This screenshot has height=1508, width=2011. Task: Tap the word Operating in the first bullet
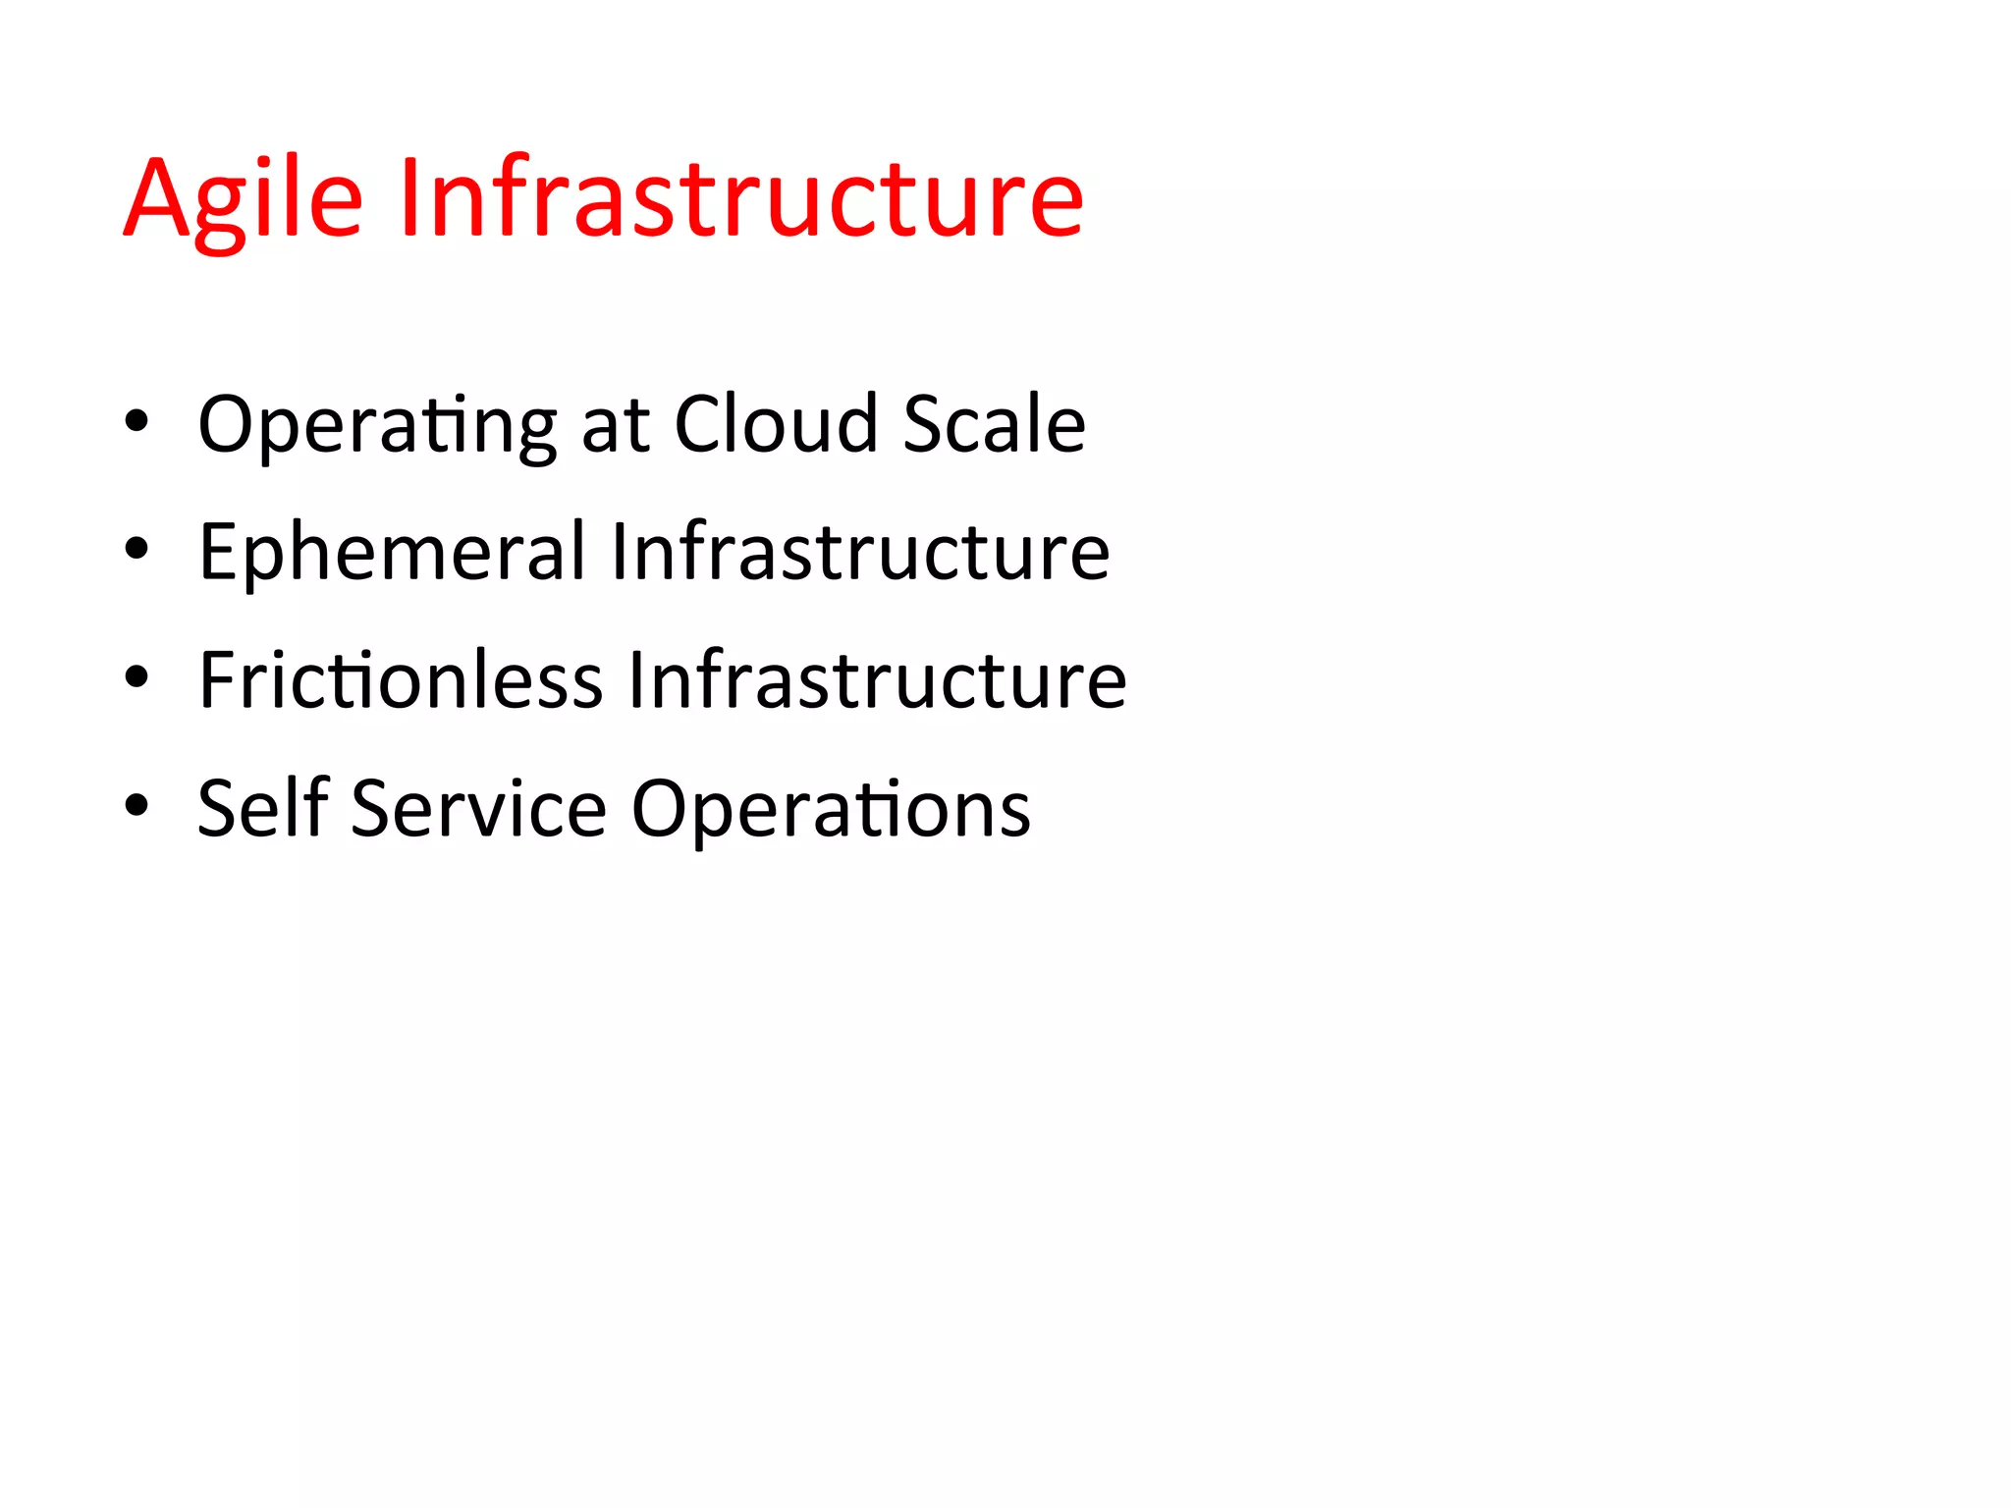pos(377,425)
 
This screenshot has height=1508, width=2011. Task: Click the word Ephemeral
pos(392,553)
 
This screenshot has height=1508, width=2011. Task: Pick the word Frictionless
pos(401,679)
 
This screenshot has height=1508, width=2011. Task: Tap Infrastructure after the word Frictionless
pos(877,679)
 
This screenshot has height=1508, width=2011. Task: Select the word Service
pos(479,808)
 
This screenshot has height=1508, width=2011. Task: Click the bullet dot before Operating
pos(136,422)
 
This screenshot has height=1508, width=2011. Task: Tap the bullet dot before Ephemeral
pos(136,550)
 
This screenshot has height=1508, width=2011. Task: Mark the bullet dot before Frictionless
pos(136,677)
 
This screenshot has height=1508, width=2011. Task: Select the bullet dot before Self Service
pos(136,806)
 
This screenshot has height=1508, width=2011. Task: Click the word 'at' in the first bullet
pos(616,426)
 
